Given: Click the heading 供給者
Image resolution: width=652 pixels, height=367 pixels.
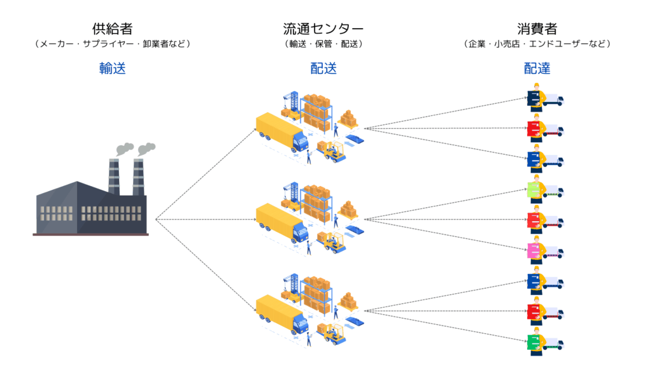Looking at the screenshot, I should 112,29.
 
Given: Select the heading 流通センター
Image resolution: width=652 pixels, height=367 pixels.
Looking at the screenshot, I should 323,29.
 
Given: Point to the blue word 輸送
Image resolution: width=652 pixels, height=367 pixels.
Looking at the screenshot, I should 112,68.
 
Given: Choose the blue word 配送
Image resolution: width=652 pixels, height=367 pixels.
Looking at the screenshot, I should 323,68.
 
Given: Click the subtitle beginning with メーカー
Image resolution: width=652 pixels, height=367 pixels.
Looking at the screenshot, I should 112,44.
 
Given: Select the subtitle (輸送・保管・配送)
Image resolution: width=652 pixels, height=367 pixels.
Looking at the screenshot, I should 323,44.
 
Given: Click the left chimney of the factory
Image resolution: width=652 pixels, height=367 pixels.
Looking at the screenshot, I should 114,176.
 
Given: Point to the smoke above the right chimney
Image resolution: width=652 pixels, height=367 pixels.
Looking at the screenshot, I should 146,149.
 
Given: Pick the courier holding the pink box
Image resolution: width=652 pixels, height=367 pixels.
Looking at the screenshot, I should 537,250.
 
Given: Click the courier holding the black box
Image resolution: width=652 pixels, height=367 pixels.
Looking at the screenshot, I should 537,97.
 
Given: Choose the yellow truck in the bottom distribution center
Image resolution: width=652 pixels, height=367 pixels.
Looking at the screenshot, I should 281,313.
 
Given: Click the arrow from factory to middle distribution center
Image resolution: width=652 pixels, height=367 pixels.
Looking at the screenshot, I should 204,219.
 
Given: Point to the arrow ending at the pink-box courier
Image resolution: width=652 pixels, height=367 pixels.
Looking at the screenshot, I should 446,234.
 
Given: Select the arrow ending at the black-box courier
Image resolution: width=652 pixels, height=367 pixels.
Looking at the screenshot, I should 446,113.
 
